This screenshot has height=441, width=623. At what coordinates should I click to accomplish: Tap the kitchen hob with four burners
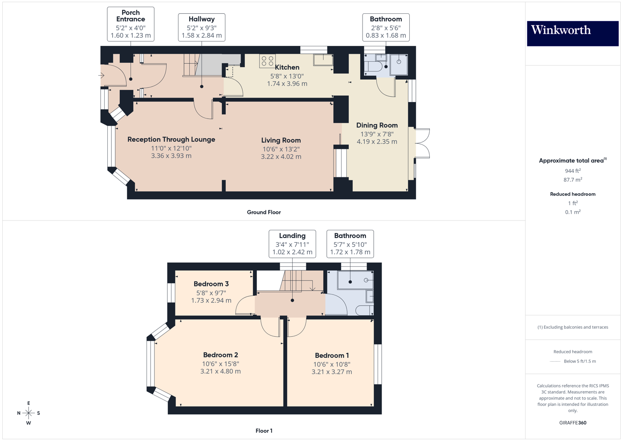pyautogui.click(x=267, y=61)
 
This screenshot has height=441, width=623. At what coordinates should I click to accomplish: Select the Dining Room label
pyautogui.click(x=377, y=126)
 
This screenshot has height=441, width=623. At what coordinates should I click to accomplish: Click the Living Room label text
pyautogui.click(x=281, y=140)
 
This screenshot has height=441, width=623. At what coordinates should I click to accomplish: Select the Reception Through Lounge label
pyautogui.click(x=171, y=139)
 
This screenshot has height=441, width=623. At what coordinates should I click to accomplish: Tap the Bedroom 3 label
pyautogui.click(x=211, y=284)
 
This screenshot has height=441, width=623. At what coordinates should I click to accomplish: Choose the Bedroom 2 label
pyautogui.click(x=220, y=355)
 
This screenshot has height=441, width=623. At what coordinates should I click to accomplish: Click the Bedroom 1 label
pyautogui.click(x=332, y=355)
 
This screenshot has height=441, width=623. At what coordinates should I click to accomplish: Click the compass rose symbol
pyautogui.click(x=29, y=413)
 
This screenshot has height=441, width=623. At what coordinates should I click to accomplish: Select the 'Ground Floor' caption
pyautogui.click(x=264, y=212)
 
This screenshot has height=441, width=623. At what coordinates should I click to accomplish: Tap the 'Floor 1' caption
pyautogui.click(x=264, y=431)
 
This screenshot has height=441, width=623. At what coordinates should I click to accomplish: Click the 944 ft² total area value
pyautogui.click(x=572, y=171)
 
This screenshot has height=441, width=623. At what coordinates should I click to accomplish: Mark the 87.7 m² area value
pyautogui.click(x=572, y=180)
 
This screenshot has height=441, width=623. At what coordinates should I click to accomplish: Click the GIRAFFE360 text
pyautogui.click(x=572, y=423)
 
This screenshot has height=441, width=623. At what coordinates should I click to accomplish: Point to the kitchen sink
pyautogui.click(x=323, y=60)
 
